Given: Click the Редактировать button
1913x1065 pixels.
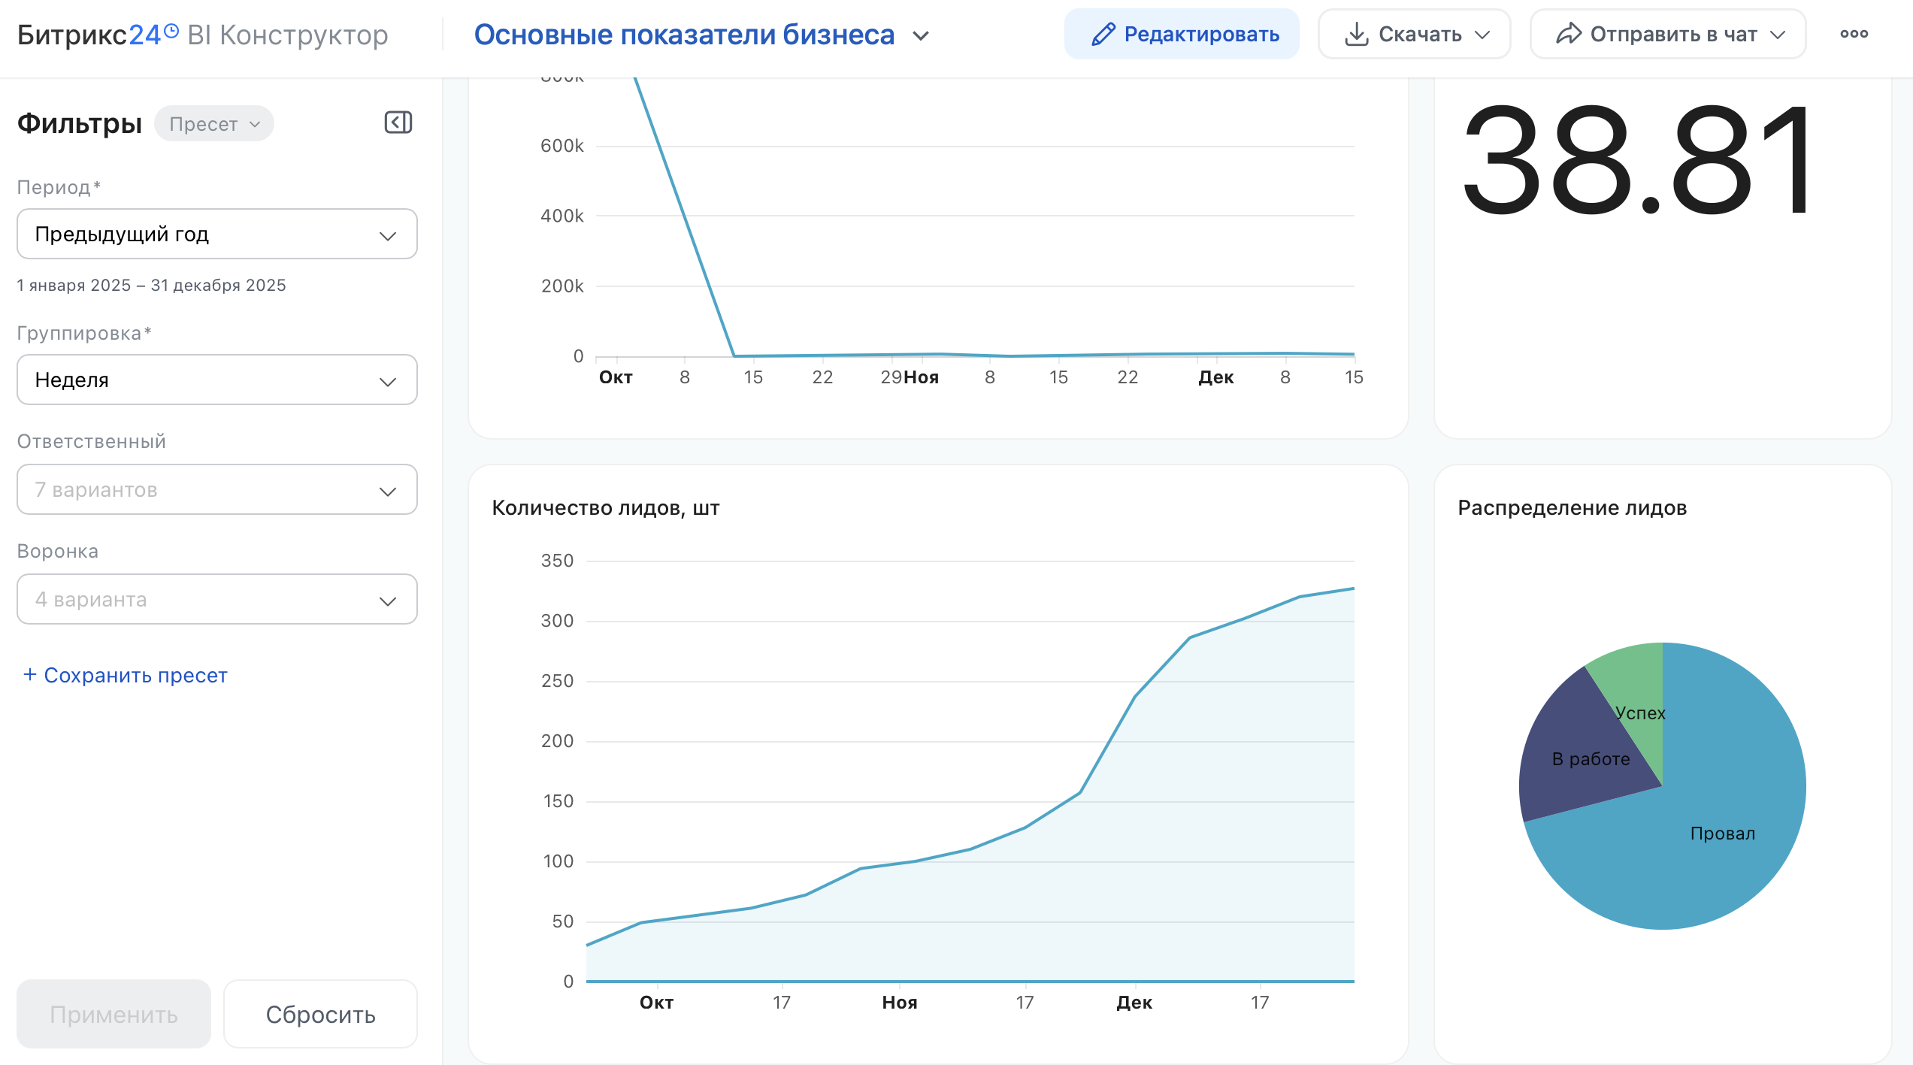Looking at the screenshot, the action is [1181, 34].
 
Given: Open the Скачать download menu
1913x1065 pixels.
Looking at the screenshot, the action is [1414, 34].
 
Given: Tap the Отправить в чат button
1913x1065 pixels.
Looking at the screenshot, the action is [1668, 34].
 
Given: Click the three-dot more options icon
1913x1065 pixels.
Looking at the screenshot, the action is [1854, 34].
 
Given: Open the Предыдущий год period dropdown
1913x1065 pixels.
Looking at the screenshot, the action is [216, 234].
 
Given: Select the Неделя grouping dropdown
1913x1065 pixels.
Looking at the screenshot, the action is [216, 380].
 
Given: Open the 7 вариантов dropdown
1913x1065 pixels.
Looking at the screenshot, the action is [216, 489].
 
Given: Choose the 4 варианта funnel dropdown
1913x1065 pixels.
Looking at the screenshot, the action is [216, 599].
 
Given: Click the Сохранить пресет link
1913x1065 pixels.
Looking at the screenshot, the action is [125, 675].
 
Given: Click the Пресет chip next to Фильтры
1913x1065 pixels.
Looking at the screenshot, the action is [214, 124].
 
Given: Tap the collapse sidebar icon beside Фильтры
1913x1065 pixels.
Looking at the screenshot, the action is [398, 123].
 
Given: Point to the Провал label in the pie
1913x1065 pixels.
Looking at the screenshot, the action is [1722, 834].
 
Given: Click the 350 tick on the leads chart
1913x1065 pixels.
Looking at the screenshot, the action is [557, 561].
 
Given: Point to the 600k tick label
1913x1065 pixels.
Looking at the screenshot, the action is [561, 146].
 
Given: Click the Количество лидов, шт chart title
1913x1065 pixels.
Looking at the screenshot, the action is [606, 508].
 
